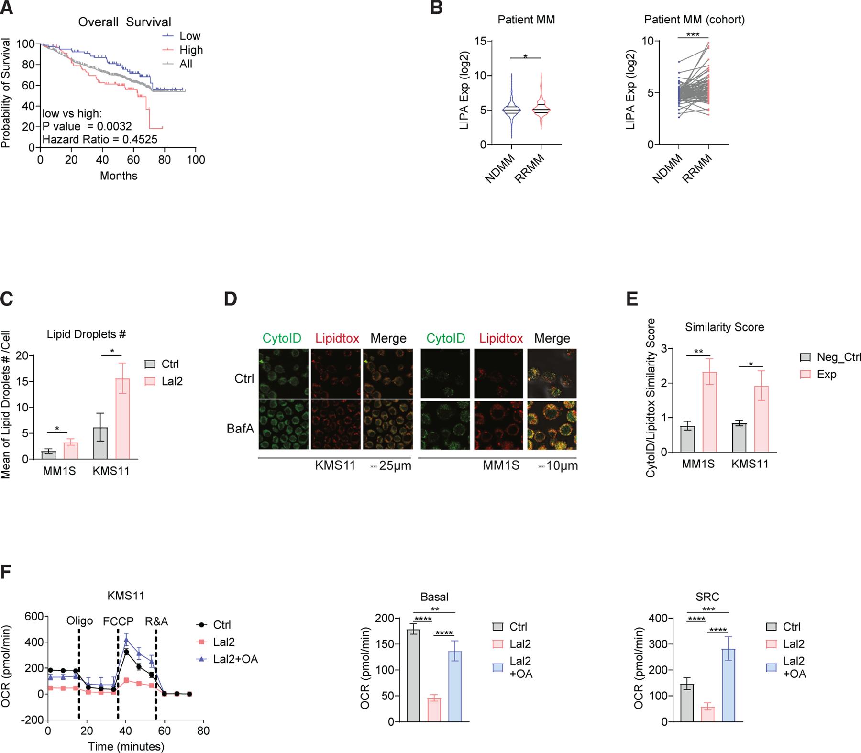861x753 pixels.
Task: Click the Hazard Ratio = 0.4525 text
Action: click(99, 140)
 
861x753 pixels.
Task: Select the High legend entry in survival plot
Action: click(191, 50)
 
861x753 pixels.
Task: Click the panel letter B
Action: click(436, 8)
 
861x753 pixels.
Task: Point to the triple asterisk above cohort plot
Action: click(693, 35)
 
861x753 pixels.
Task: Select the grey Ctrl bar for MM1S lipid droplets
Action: click(48, 455)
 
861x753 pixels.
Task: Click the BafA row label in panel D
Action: click(240, 428)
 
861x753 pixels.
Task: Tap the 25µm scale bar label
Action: click(395, 465)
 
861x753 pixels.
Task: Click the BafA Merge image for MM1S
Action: click(552, 426)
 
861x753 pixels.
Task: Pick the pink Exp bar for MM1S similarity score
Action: click(709, 412)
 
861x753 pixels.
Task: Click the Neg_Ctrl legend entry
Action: click(838, 357)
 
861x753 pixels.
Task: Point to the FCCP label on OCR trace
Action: click(118, 621)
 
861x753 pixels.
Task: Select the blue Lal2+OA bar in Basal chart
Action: click(455, 686)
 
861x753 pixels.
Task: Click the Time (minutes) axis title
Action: click(126, 746)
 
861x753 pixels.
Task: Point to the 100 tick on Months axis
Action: click(196, 159)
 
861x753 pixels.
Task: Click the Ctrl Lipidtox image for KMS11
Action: click(335, 373)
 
